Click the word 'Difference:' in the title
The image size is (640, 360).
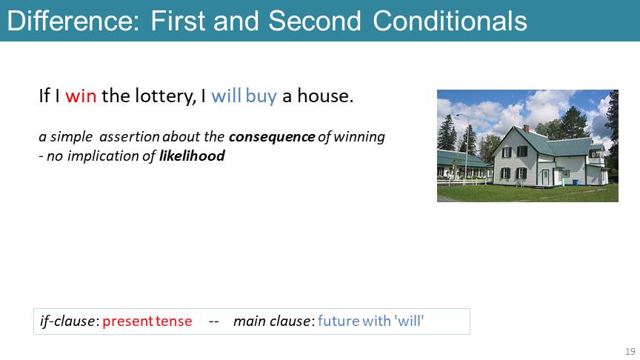click(x=73, y=21)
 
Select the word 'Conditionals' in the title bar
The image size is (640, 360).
click(x=450, y=21)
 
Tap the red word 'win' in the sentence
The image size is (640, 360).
click(x=81, y=96)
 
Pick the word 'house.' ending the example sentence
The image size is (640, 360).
click(x=325, y=96)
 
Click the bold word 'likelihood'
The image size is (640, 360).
click(x=192, y=156)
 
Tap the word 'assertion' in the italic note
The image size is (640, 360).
click(x=130, y=137)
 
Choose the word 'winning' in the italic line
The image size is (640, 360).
click(x=359, y=138)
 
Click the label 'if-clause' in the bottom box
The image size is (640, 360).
click(x=67, y=321)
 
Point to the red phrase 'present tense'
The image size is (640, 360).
click(x=147, y=321)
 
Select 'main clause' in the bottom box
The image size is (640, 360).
click(x=272, y=321)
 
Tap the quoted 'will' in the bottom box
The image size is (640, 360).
click(x=409, y=321)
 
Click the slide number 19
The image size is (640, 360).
click(x=630, y=351)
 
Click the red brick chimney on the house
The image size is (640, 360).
click(x=526, y=128)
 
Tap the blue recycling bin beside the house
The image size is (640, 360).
click(x=575, y=182)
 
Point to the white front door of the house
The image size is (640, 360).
click(x=545, y=178)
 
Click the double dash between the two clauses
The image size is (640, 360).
click(x=214, y=322)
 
